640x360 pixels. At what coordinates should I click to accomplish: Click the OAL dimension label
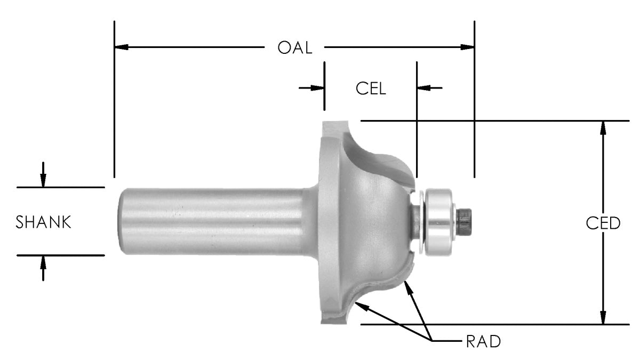coord(294,47)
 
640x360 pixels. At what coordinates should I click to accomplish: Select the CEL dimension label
coord(371,88)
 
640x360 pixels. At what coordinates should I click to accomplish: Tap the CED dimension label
coord(603,223)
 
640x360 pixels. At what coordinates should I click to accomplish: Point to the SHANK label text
coord(44,222)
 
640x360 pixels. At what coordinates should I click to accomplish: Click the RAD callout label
coord(483,341)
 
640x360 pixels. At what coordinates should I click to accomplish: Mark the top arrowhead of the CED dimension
coord(603,127)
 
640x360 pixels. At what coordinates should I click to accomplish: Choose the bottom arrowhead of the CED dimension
coord(603,318)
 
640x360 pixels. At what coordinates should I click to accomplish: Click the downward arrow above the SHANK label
coord(44,180)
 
